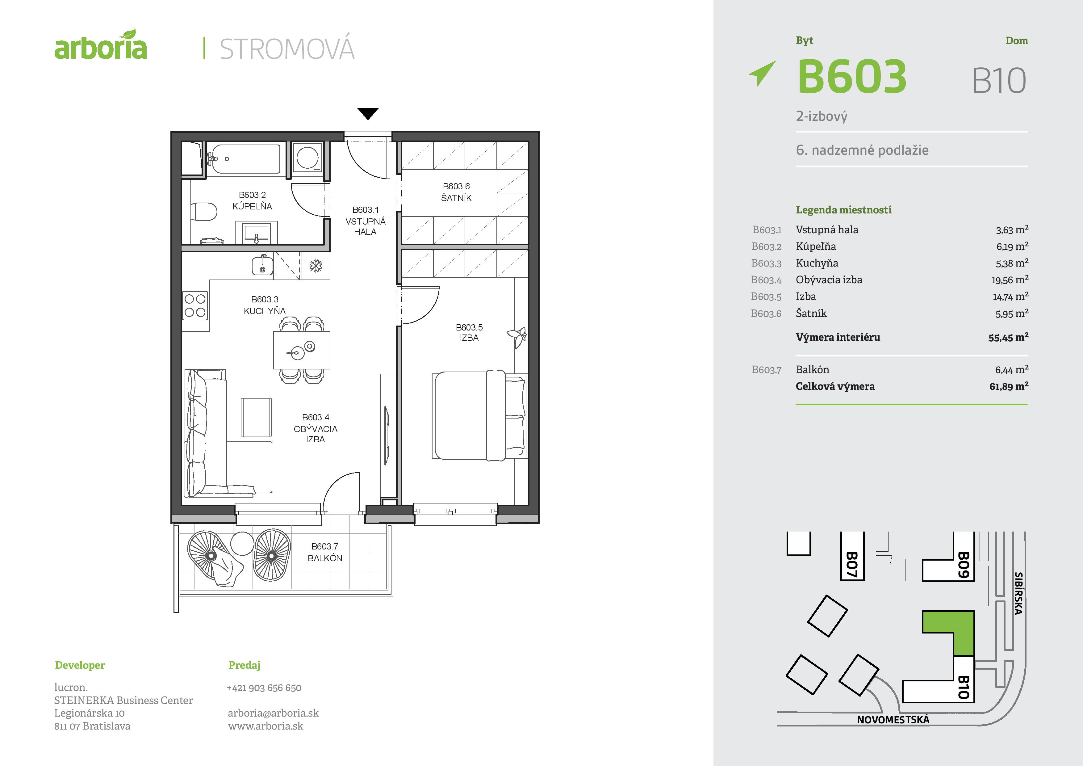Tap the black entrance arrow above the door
(x=368, y=114)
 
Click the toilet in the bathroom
(x=204, y=212)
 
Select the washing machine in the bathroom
(x=307, y=157)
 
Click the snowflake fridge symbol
(x=316, y=266)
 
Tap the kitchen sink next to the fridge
(x=262, y=265)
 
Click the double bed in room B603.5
(x=479, y=415)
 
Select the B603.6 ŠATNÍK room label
(x=456, y=192)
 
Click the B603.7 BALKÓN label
(x=325, y=552)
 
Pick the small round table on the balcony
(x=242, y=543)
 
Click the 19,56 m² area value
(x=1010, y=280)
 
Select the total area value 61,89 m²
(x=1009, y=386)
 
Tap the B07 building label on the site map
(x=852, y=565)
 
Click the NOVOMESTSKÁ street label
(x=893, y=720)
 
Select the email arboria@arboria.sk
(x=273, y=713)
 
